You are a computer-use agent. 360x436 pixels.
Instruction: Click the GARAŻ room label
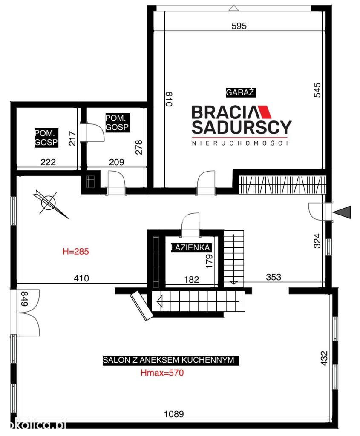click(x=240, y=92)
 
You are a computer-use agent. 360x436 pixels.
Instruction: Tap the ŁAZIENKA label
click(x=190, y=247)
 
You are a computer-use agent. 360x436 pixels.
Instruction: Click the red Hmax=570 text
click(x=162, y=373)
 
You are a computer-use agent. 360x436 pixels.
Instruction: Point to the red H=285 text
click(x=76, y=251)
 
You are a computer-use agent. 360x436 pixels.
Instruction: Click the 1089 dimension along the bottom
click(x=174, y=414)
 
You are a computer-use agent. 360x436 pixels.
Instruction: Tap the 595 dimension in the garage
click(x=239, y=26)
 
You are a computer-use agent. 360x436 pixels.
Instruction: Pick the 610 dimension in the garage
click(x=169, y=99)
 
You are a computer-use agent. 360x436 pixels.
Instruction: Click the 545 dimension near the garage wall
click(x=317, y=90)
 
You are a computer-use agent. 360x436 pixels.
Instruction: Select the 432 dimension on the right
click(x=324, y=359)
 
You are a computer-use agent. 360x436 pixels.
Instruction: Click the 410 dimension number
click(x=81, y=278)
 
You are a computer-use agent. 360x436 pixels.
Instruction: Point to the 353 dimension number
click(x=274, y=277)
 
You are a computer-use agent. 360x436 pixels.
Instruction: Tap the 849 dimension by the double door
click(x=24, y=298)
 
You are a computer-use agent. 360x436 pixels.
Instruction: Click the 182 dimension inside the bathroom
click(x=191, y=279)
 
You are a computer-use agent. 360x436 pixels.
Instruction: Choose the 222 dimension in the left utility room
click(x=48, y=162)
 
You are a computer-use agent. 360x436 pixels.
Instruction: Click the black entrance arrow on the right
click(x=342, y=212)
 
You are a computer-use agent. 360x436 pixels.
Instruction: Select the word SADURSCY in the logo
click(x=242, y=127)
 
